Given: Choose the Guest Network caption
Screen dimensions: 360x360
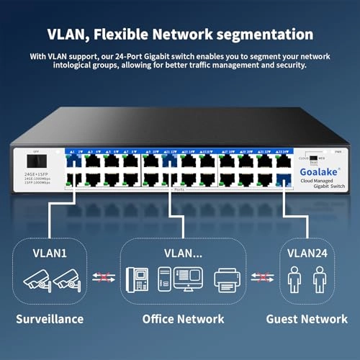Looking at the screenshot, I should [307, 318].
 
